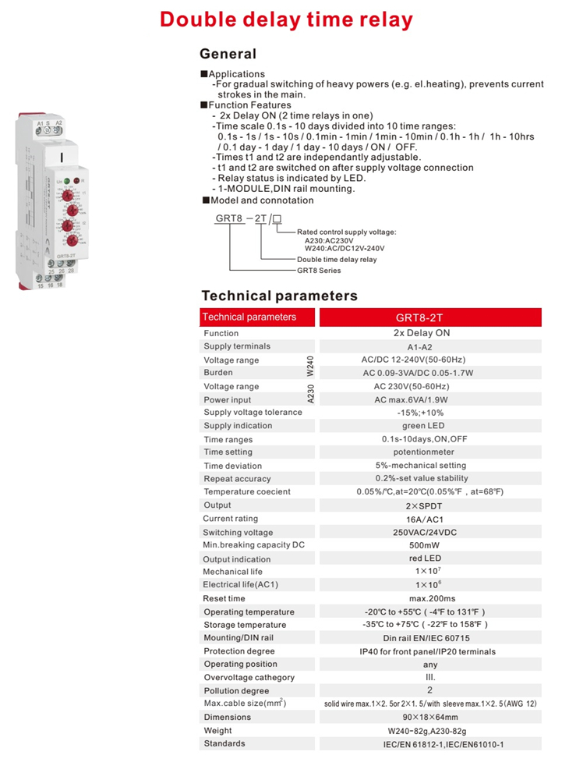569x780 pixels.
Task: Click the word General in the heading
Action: click(x=228, y=54)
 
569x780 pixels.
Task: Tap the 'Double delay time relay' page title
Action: click(x=286, y=19)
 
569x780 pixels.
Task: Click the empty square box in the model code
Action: click(x=277, y=218)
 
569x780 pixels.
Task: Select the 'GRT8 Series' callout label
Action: click(x=319, y=271)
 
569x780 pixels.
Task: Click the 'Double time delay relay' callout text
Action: click(x=336, y=260)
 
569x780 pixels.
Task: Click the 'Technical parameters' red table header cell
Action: click(x=249, y=317)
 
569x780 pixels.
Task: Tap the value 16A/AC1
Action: click(x=425, y=519)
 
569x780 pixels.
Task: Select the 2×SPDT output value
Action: click(x=425, y=505)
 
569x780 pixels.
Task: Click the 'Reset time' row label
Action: click(x=224, y=599)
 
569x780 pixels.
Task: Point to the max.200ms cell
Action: click(x=425, y=599)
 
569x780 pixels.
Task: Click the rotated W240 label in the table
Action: click(x=309, y=367)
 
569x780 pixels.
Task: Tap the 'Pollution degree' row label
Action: click(x=236, y=691)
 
